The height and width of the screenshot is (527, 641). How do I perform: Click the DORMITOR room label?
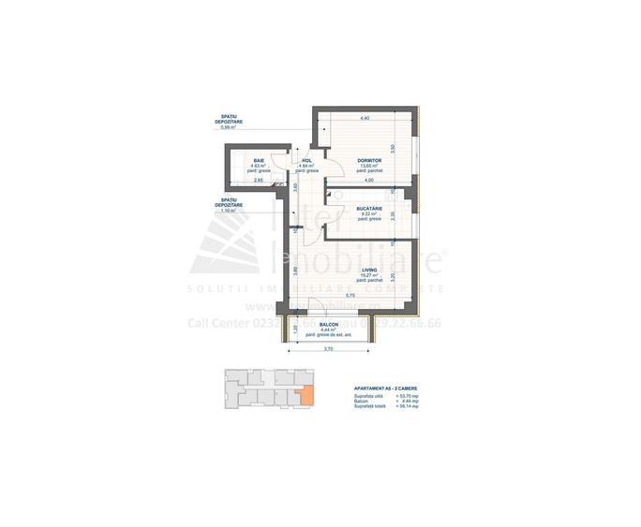[367, 160]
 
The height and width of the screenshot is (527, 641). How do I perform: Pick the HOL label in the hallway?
[306, 160]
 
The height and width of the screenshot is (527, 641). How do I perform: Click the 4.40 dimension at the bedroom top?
[364, 118]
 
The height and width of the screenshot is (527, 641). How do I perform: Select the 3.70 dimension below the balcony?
[329, 349]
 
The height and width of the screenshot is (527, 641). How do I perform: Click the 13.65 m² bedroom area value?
[368, 166]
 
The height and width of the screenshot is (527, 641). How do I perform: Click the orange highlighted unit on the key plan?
[301, 397]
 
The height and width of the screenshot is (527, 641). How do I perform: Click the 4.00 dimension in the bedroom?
[368, 180]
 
